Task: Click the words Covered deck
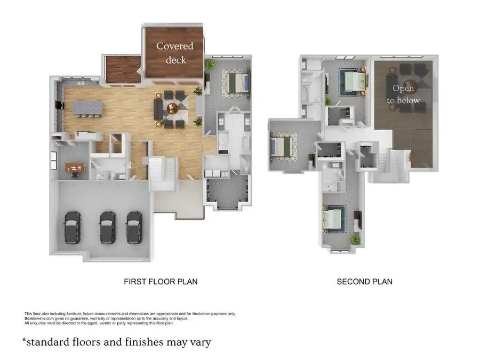(175, 53)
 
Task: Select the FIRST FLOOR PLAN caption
(160, 281)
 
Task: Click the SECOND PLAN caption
(364, 281)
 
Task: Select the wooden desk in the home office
(75, 168)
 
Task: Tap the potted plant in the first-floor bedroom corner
(210, 65)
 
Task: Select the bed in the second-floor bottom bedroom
(335, 220)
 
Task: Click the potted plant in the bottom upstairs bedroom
(355, 241)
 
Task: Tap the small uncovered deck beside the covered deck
(123, 70)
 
